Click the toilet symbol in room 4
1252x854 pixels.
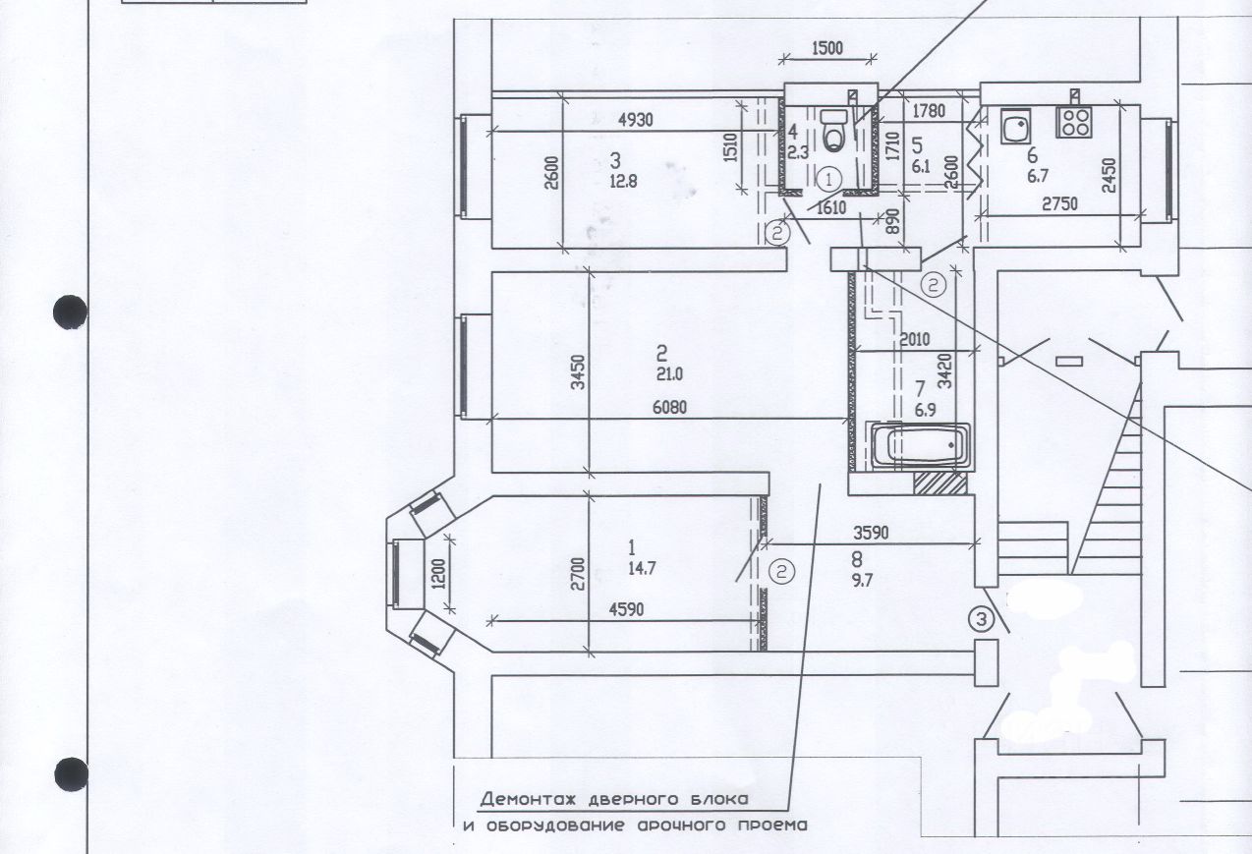point(834,130)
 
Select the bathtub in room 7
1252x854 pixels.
point(921,444)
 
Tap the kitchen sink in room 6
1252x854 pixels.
point(1014,125)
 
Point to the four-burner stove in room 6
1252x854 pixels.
point(1073,122)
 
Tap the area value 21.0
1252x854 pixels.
point(668,373)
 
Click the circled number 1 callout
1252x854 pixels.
point(828,179)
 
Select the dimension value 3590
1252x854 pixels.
point(871,534)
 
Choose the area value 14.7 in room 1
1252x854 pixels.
point(643,567)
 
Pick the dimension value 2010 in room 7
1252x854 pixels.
point(913,340)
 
